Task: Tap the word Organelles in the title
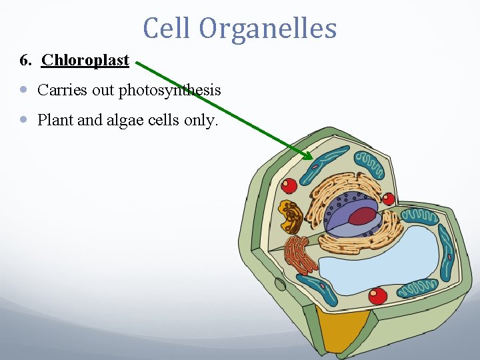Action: click(x=267, y=29)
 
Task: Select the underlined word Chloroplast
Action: click(x=85, y=61)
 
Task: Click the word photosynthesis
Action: click(x=169, y=90)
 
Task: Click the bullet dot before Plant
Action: click(x=25, y=120)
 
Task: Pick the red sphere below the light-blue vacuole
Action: click(x=378, y=295)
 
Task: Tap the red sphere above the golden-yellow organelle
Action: click(x=289, y=185)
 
